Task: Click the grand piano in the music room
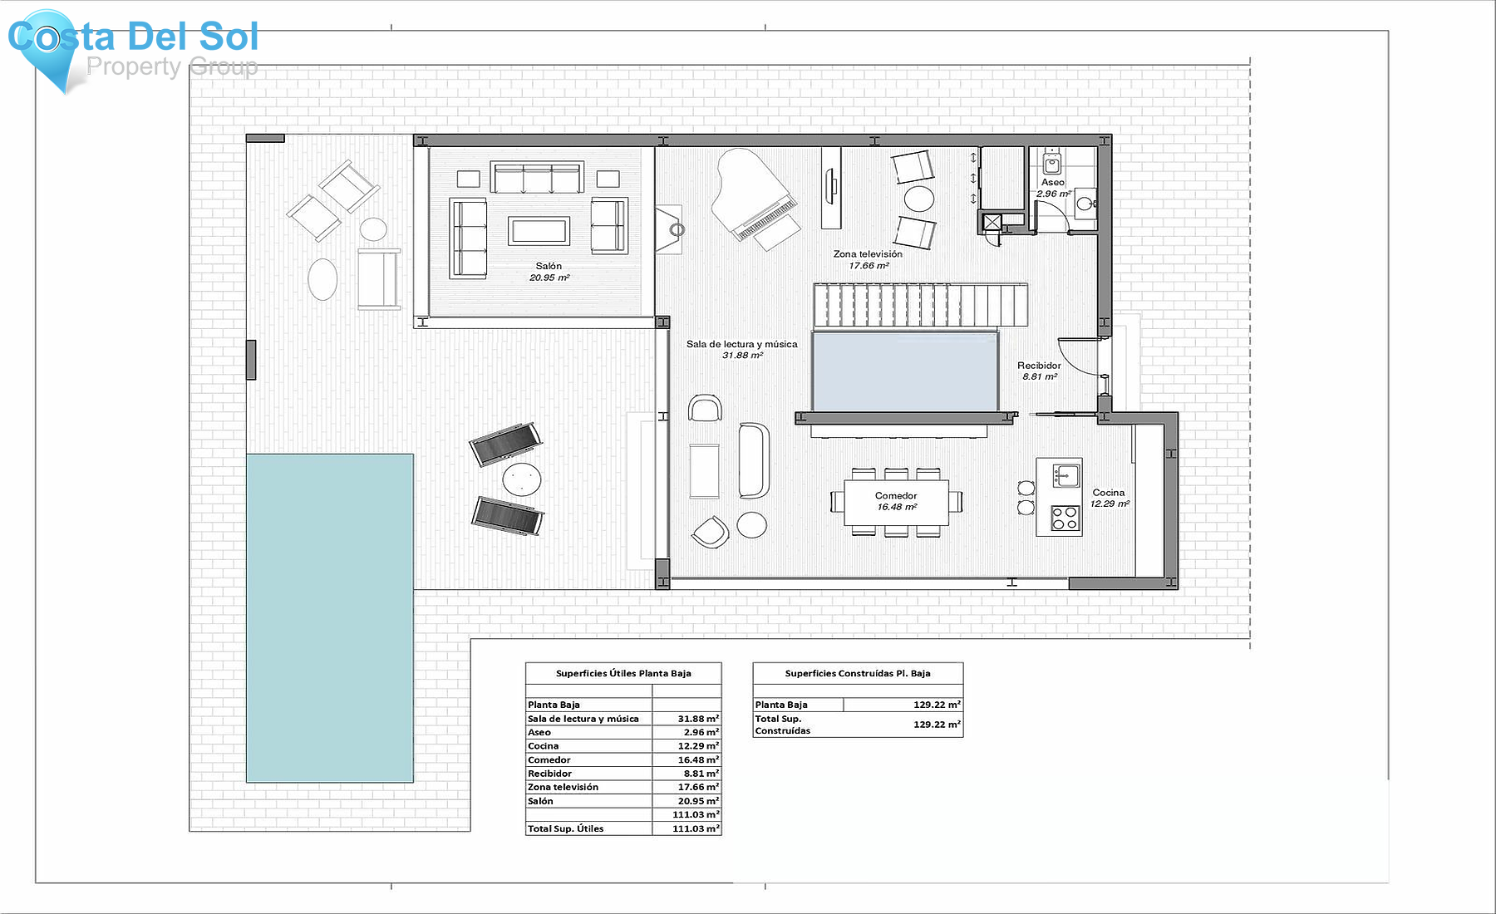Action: (753, 195)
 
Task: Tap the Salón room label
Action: (549, 267)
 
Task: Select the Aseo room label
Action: (1053, 183)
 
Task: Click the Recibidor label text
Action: (1039, 366)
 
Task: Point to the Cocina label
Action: (1109, 493)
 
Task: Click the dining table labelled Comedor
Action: (896, 502)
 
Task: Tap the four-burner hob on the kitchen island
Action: (1065, 518)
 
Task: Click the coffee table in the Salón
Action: (539, 230)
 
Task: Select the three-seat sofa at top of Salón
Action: (537, 178)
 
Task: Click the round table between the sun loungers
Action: (522, 479)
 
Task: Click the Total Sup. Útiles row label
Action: (565, 828)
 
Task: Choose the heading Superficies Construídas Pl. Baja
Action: (858, 674)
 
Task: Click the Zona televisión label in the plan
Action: (868, 254)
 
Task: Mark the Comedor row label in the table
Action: (549, 760)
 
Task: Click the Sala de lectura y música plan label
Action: (742, 344)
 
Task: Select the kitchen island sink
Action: (1065, 476)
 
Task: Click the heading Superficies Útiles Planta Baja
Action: (623, 674)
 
